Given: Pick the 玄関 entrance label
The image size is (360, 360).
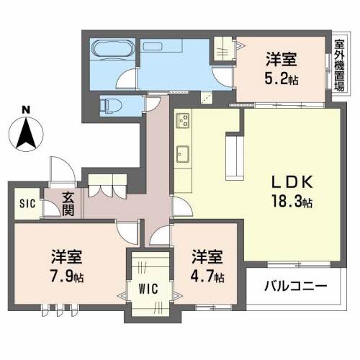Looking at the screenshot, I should (68, 203).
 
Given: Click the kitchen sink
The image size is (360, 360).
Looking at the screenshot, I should (181, 153).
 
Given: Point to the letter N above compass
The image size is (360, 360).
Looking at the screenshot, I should (26, 110).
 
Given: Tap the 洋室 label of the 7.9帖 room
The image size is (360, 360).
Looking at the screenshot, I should (66, 257).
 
